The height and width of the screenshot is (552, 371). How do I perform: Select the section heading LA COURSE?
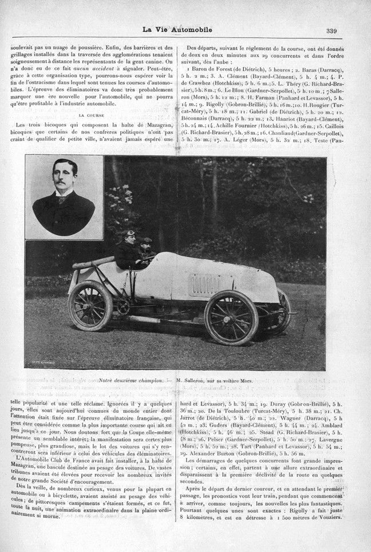(94, 115)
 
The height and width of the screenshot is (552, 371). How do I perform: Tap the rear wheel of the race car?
(90, 305)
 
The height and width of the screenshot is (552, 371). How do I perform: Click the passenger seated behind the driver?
(147, 250)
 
